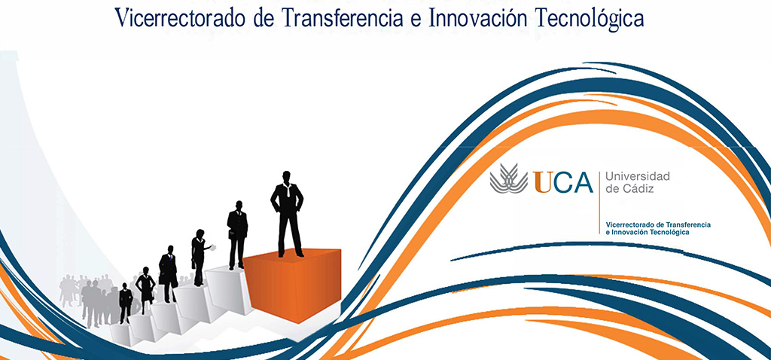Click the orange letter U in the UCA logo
point(543,182)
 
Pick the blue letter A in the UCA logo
point(581,182)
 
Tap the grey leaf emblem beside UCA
point(509,179)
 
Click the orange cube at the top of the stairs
point(294,282)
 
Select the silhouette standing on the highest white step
point(237,234)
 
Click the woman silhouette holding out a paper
point(198,256)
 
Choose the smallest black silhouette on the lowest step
point(125,302)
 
